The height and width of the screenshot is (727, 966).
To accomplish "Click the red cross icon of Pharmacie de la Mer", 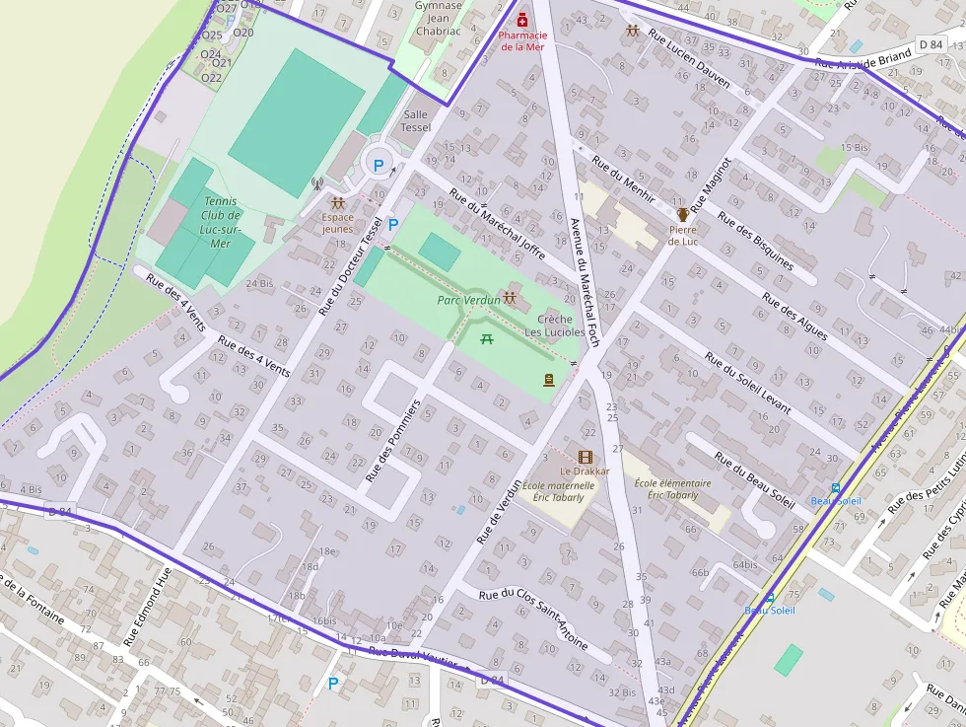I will [x=522, y=18].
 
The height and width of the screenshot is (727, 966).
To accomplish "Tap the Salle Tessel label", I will [x=415, y=120].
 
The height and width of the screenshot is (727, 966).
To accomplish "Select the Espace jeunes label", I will [x=337, y=222].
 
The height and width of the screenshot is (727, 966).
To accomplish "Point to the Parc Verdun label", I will [x=468, y=299].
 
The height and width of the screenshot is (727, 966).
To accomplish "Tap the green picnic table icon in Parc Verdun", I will [x=486, y=339].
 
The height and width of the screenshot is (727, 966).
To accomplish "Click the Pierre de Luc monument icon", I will [x=682, y=214].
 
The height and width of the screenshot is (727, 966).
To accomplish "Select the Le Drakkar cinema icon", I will [x=585, y=457].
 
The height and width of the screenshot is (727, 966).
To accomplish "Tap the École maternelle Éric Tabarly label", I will [x=558, y=491].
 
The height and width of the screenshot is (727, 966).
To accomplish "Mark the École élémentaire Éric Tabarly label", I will [x=672, y=488].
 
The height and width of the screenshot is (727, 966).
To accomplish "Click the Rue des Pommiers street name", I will [x=393, y=440].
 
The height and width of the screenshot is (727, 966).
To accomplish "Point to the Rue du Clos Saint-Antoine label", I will [x=533, y=618].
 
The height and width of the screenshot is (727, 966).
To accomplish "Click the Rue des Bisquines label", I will [x=755, y=240].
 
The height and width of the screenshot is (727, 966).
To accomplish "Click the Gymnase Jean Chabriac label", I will [x=438, y=18].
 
